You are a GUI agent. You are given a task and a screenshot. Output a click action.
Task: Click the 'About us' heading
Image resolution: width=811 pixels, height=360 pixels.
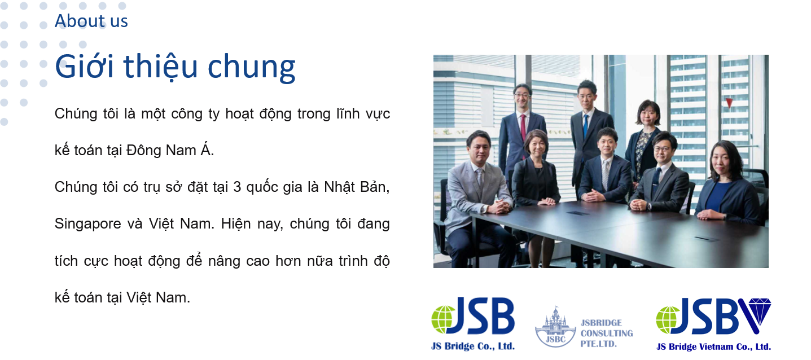click(x=91, y=21)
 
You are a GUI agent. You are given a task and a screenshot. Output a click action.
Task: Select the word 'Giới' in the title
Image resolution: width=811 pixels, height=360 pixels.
click(x=84, y=66)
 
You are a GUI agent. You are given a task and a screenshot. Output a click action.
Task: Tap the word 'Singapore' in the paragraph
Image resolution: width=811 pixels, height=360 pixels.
click(x=87, y=225)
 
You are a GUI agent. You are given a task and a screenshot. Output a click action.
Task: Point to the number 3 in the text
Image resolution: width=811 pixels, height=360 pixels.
click(x=237, y=187)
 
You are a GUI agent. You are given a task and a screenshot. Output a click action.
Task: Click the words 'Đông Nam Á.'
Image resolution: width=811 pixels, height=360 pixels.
click(x=170, y=150)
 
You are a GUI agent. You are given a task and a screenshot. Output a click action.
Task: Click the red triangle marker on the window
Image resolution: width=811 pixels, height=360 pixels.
click(x=729, y=103)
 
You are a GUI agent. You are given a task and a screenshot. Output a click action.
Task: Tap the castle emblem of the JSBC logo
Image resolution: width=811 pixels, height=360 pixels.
click(x=555, y=327)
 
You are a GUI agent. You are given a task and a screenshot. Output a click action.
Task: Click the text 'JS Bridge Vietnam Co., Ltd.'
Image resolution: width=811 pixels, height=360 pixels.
click(x=713, y=347)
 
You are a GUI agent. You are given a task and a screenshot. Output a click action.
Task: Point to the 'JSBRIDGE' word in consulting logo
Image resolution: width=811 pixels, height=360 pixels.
click(x=602, y=323)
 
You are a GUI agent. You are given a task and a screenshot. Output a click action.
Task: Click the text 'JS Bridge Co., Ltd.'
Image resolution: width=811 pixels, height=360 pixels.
click(x=473, y=346)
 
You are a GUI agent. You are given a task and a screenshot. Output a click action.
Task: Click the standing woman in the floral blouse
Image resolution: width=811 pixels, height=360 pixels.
click(x=645, y=139)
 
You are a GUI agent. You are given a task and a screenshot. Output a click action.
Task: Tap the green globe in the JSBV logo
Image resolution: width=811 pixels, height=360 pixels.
click(x=668, y=320)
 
